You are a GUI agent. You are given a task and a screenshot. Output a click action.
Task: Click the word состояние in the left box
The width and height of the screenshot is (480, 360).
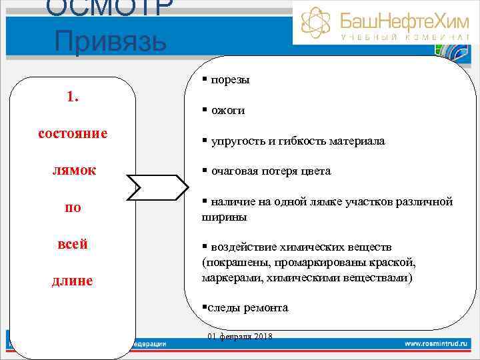(73, 133)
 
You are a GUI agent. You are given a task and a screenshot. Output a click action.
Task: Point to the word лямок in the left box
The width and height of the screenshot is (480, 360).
(73, 170)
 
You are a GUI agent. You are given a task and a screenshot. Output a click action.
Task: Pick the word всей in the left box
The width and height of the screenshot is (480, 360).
(73, 244)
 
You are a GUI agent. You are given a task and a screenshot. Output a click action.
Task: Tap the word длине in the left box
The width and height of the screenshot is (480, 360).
(73, 281)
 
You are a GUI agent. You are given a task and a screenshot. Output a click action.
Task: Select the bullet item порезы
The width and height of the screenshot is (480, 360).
(230, 80)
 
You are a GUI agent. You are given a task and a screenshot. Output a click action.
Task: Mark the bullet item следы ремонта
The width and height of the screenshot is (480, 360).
(247, 308)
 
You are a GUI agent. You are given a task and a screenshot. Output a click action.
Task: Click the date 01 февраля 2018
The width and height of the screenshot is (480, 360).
(240, 336)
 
